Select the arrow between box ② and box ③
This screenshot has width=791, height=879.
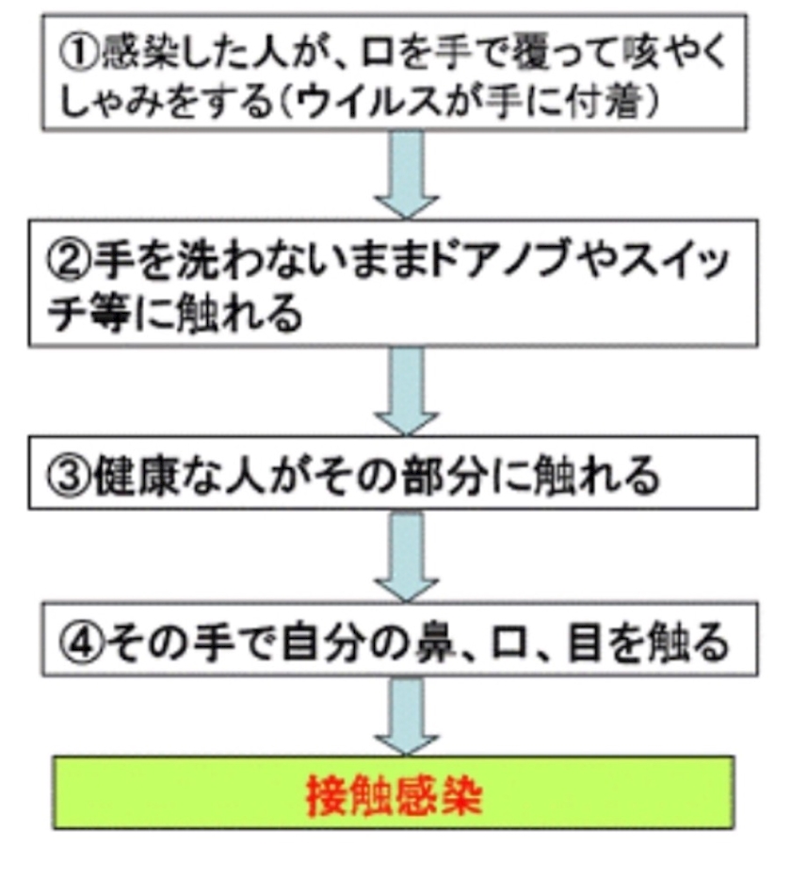(406, 391)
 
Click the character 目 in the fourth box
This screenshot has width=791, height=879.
(588, 644)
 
